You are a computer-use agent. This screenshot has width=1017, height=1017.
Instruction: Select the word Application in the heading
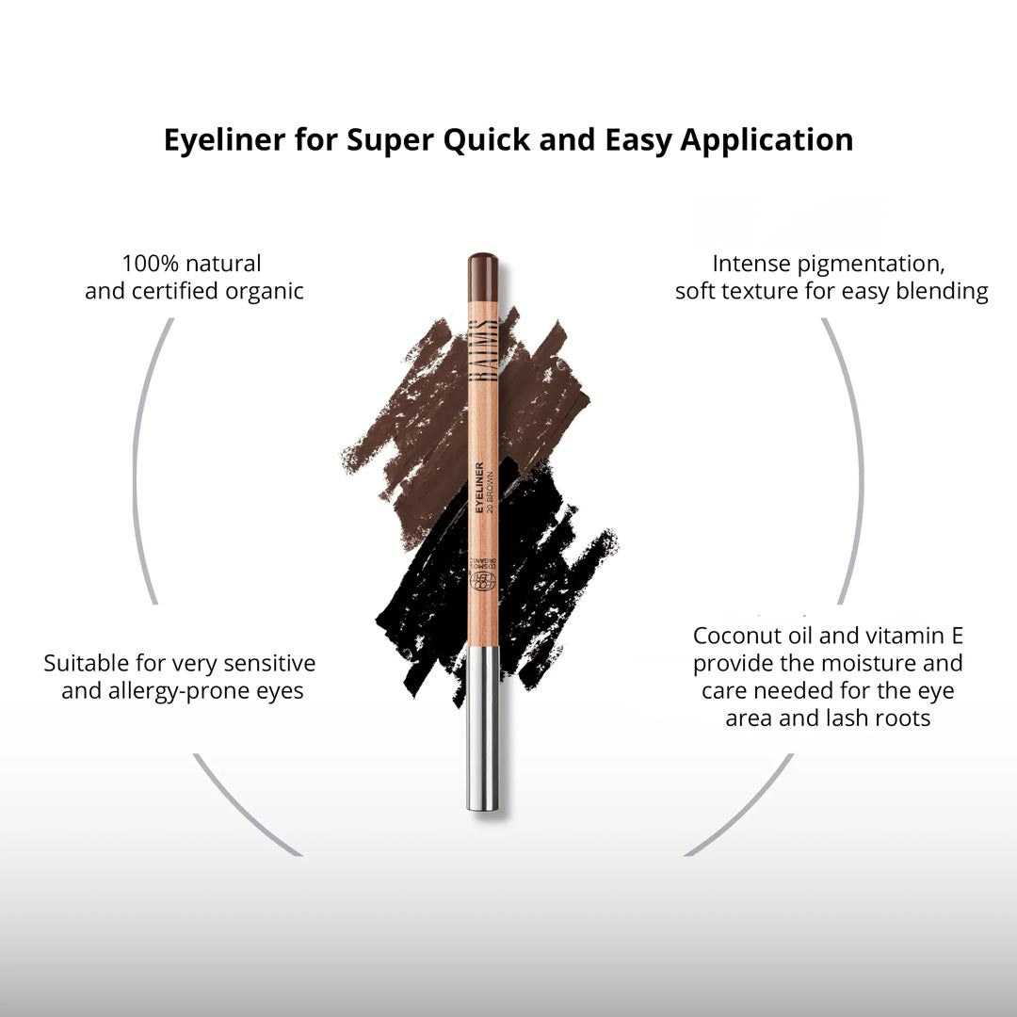767,140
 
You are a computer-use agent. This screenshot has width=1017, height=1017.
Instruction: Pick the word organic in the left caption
265,292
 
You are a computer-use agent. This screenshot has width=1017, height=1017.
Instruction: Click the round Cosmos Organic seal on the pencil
482,580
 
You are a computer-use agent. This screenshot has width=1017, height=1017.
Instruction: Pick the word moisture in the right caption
837,664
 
